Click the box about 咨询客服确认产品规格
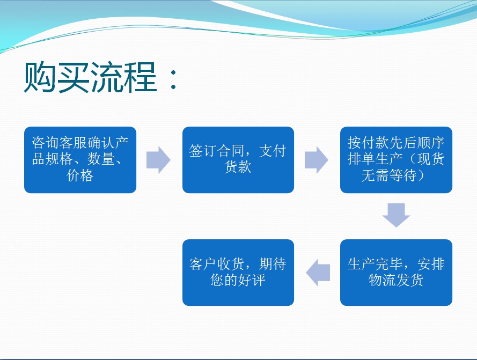click(80, 160)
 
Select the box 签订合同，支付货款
click(238, 160)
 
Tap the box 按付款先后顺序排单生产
click(396, 160)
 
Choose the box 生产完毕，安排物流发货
click(396, 273)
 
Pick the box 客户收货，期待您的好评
click(238, 273)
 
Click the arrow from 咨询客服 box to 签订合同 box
click(158, 160)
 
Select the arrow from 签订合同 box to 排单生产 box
click(317, 160)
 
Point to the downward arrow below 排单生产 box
click(396, 215)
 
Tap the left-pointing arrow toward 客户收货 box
click(318, 273)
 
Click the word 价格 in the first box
click(80, 175)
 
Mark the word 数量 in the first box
click(101, 159)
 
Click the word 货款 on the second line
click(238, 167)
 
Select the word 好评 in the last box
click(252, 280)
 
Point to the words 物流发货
click(396, 280)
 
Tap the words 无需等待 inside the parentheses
click(389, 175)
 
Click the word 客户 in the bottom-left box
click(203, 264)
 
